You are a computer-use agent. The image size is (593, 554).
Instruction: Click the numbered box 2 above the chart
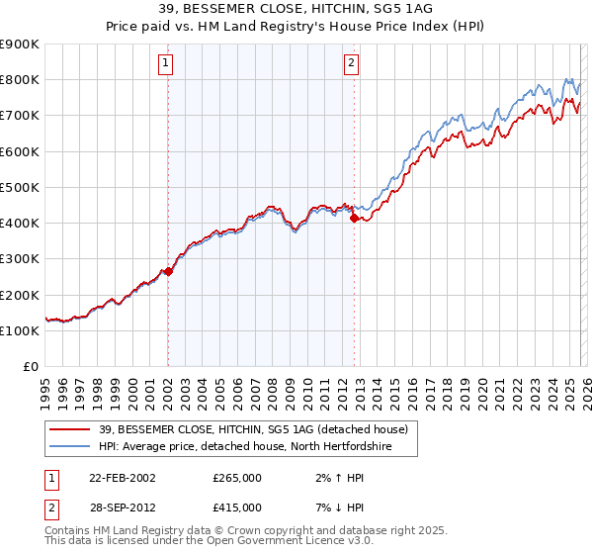(351, 65)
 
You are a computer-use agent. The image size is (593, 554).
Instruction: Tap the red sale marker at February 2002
(168, 271)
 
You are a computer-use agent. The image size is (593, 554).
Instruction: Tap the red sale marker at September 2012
(354, 218)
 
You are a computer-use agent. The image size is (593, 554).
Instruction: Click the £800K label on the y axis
(20, 79)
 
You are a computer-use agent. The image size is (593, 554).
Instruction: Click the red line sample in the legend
(72, 428)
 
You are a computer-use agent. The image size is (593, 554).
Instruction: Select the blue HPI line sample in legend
(72, 446)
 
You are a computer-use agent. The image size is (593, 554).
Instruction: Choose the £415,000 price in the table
(236, 507)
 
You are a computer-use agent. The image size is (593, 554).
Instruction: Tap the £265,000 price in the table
(236, 477)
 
